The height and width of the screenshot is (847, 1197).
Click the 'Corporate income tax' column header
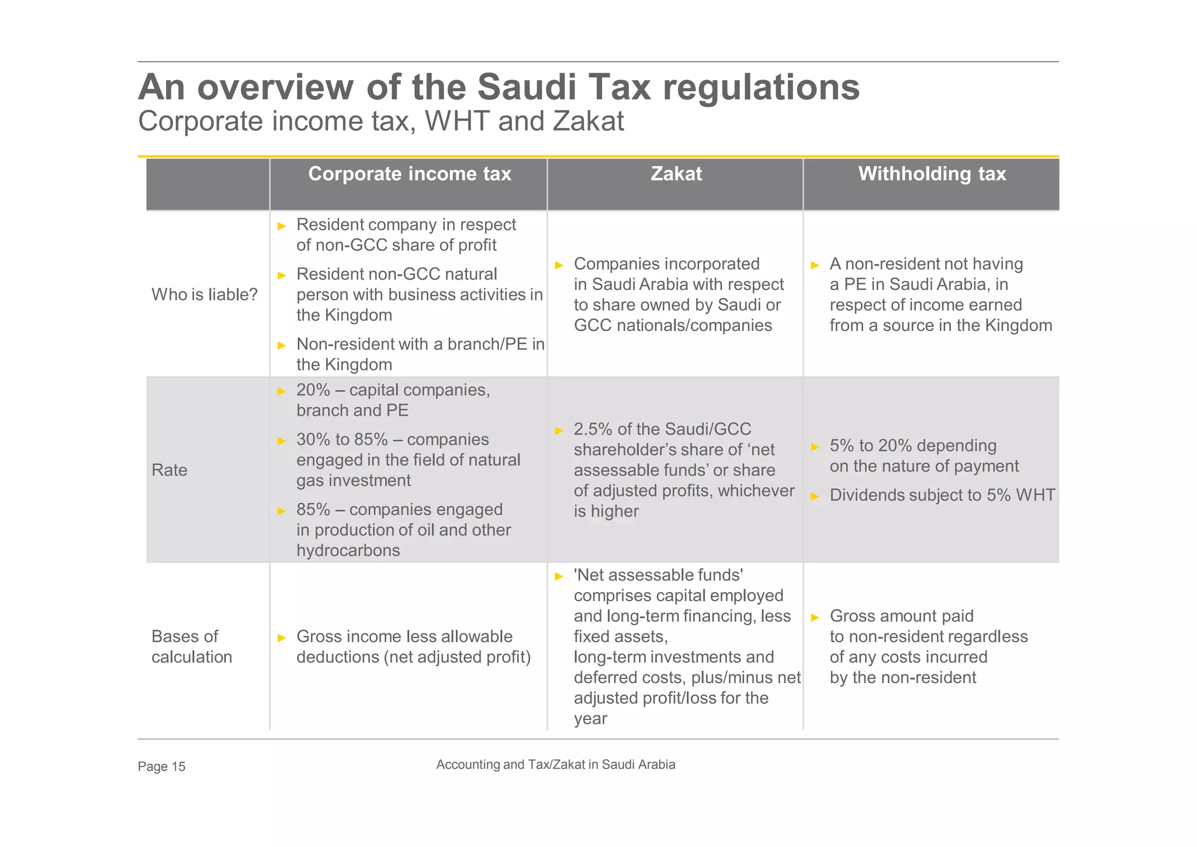(x=409, y=174)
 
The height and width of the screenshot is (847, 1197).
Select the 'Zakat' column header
(x=676, y=174)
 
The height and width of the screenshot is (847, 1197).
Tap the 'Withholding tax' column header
(x=932, y=174)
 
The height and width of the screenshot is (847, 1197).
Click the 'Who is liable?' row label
(x=205, y=294)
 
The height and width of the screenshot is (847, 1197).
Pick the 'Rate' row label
(x=169, y=470)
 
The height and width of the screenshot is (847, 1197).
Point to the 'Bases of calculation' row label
(x=192, y=646)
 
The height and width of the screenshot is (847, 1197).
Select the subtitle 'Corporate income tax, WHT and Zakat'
(x=381, y=122)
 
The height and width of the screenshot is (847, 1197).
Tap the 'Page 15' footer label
(x=161, y=766)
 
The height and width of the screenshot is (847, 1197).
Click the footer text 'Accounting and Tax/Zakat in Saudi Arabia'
(x=555, y=765)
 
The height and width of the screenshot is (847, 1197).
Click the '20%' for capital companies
(x=313, y=390)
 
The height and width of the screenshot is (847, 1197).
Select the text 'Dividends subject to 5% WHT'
(x=942, y=495)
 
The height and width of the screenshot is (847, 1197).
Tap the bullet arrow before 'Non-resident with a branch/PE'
(x=282, y=345)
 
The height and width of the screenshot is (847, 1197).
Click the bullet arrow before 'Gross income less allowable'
(x=282, y=638)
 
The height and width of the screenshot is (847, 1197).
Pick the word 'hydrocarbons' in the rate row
(x=348, y=550)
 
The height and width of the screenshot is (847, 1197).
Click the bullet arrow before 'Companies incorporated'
(x=559, y=265)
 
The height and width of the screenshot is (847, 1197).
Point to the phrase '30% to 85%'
(x=342, y=439)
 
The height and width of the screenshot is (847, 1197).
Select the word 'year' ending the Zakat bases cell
(x=590, y=718)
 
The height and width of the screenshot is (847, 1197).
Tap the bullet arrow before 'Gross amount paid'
(x=815, y=617)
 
